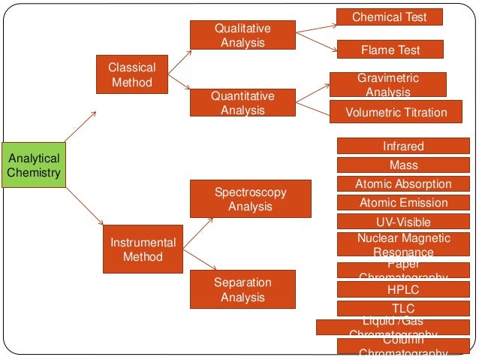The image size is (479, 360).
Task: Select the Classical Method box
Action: click(x=132, y=75)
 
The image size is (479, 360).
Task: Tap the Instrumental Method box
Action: click(x=143, y=250)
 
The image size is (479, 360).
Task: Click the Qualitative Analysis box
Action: click(x=243, y=35)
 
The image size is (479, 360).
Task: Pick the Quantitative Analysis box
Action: click(x=243, y=103)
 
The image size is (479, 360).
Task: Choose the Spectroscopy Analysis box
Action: click(x=250, y=199)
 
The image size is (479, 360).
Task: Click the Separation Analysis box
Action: click(x=243, y=289)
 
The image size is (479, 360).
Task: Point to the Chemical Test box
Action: click(x=389, y=17)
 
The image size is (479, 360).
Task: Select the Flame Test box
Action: click(x=390, y=50)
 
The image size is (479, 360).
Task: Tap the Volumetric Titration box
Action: click(x=396, y=113)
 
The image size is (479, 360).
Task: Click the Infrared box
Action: click(x=403, y=147)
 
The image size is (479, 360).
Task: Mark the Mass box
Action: click(x=403, y=165)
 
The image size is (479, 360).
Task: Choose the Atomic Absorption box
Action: click(x=403, y=184)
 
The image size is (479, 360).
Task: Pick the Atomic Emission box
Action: click(x=403, y=203)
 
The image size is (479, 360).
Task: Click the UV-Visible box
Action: click(x=403, y=222)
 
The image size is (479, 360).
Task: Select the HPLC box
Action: click(x=403, y=289)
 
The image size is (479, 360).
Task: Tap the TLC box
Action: click(x=403, y=308)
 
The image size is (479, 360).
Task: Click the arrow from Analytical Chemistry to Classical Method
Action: click(x=80, y=127)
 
